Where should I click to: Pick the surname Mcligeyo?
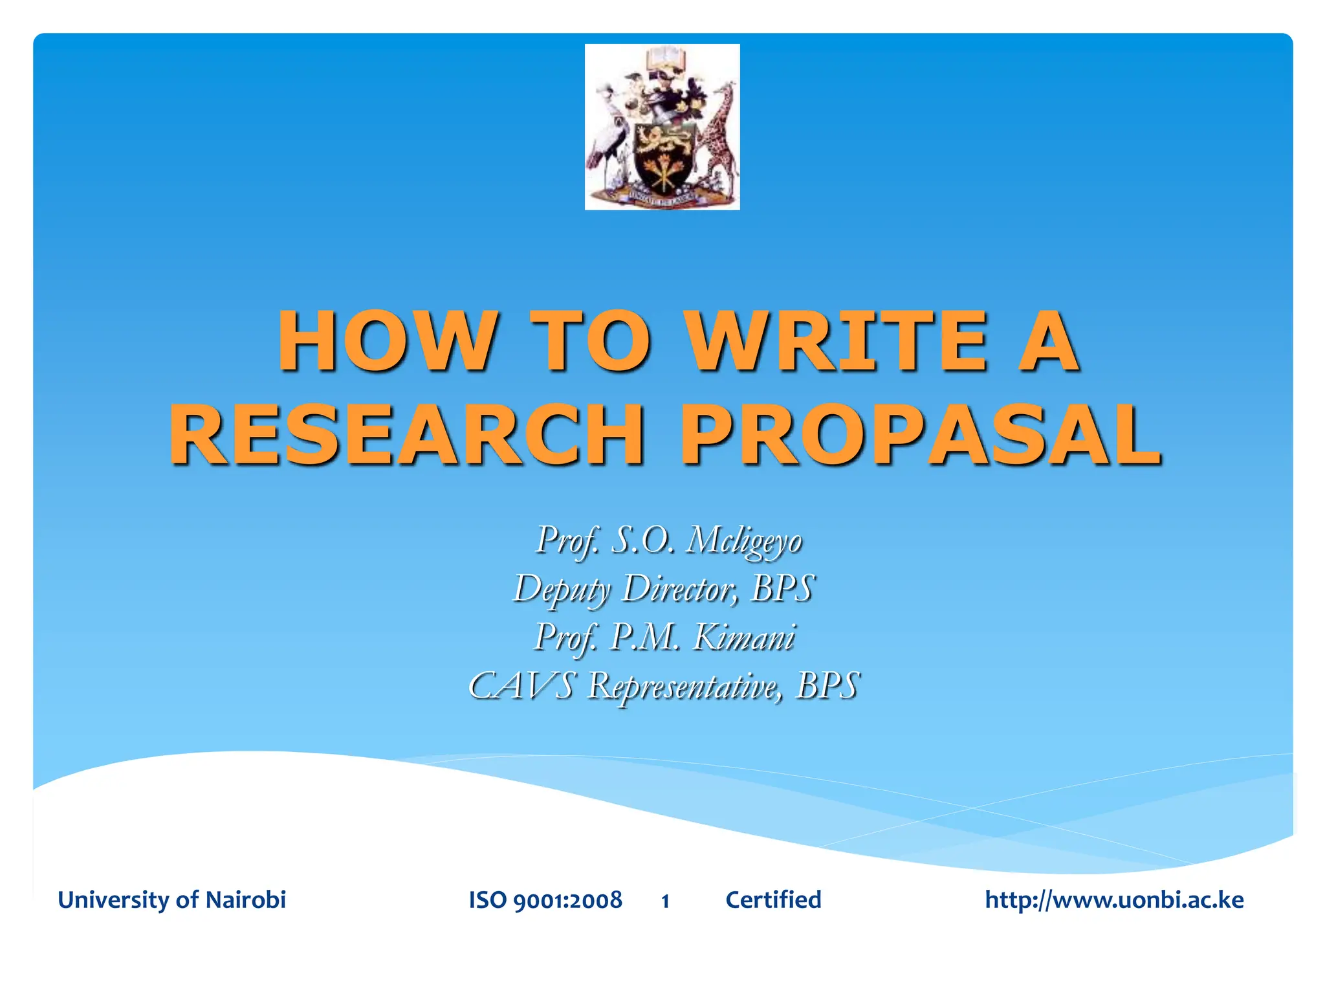(743, 540)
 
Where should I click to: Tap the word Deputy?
(562, 590)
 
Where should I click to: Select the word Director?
(679, 588)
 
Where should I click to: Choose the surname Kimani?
(744, 637)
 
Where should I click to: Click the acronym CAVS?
(521, 685)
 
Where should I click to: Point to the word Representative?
(685, 687)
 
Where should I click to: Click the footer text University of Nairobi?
(171, 900)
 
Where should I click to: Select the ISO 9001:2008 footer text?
(545, 900)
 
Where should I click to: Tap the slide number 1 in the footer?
(665, 901)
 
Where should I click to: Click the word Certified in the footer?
(773, 900)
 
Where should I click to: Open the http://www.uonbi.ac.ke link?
(1114, 900)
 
